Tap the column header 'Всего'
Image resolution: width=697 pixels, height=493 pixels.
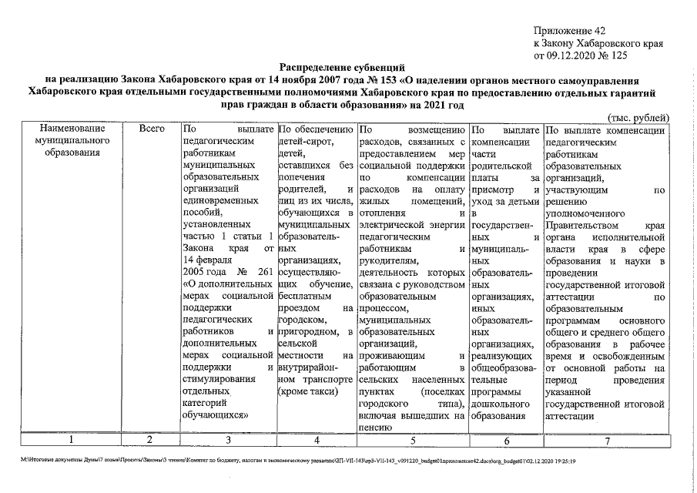(x=151, y=130)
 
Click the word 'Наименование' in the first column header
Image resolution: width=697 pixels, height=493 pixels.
(x=69, y=130)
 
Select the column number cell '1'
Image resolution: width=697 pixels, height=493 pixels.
(x=69, y=440)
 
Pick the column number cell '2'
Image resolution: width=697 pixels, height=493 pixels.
(x=151, y=440)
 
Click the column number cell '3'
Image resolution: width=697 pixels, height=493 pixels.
(x=228, y=440)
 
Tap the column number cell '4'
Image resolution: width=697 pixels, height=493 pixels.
(x=316, y=440)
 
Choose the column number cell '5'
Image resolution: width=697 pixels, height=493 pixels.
(x=412, y=440)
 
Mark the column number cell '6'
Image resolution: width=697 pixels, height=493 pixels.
(x=505, y=440)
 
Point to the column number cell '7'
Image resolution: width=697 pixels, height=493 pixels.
(x=606, y=440)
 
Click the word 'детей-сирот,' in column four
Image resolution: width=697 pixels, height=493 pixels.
(x=305, y=143)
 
